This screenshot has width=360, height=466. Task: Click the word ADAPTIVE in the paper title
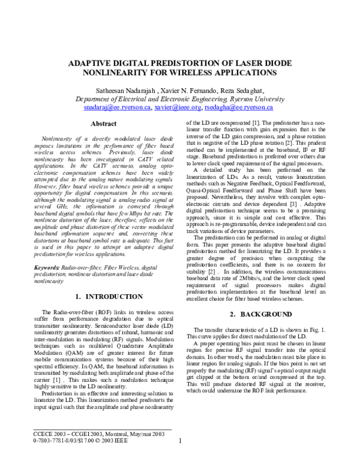[x=93, y=62]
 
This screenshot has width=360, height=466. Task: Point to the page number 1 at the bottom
[x=180, y=458]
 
